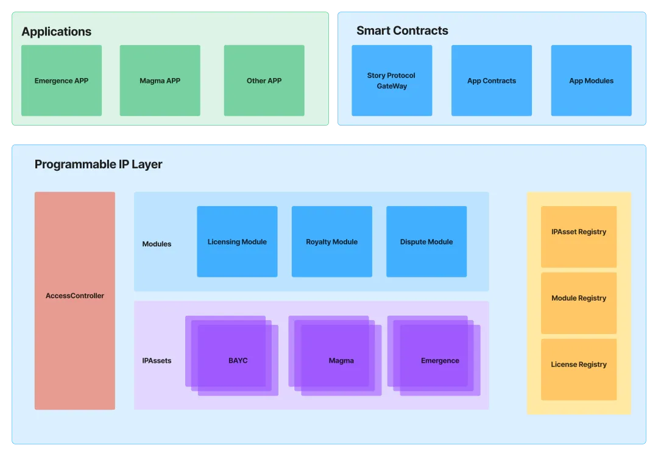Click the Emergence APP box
62,80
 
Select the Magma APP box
160,80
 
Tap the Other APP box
264,80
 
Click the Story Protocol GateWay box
392,80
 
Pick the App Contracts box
492,80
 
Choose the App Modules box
591,80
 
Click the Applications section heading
57,32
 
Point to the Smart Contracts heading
402,30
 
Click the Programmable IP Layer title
99,164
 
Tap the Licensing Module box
237,241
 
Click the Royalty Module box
331,241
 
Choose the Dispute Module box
426,241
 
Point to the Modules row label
157,244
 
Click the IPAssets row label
157,360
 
